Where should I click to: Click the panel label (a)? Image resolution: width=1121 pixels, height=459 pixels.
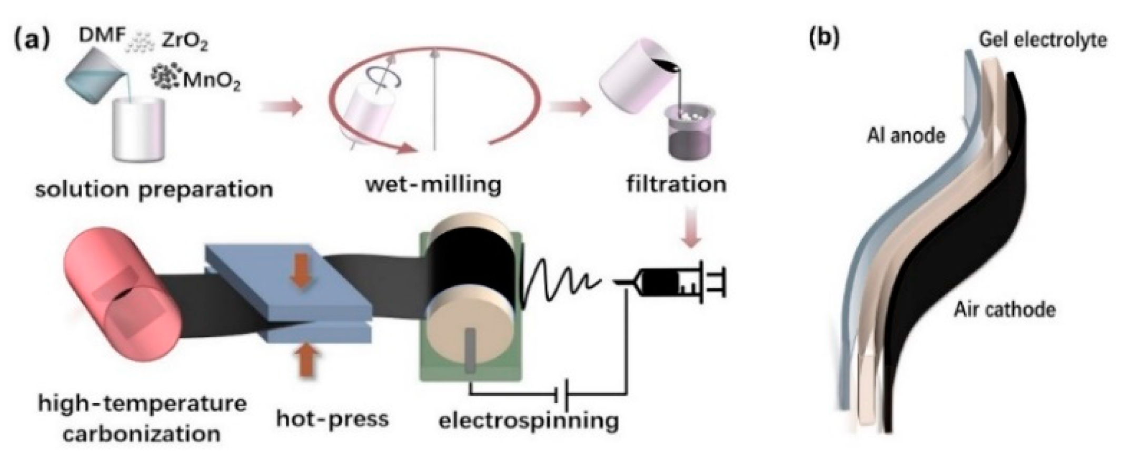[x=32, y=39]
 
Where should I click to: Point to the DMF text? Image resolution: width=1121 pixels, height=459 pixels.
[x=101, y=37]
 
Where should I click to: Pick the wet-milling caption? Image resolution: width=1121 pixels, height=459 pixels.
[x=433, y=185]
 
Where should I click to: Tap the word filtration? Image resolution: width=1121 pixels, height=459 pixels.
[x=676, y=184]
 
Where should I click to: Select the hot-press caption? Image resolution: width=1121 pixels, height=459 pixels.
[x=333, y=419]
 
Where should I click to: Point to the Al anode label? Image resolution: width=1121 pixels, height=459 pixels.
[x=906, y=136]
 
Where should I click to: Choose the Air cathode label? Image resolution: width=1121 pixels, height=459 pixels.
[x=1004, y=309]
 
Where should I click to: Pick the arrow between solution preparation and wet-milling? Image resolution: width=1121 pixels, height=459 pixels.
[x=282, y=108]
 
